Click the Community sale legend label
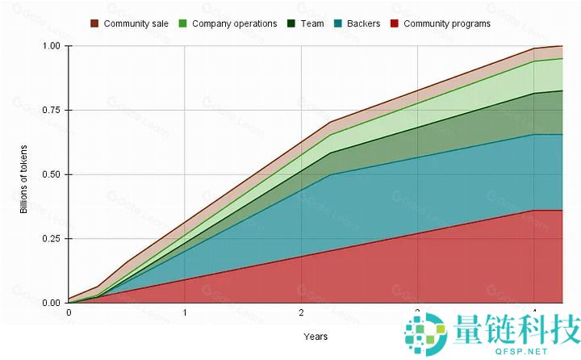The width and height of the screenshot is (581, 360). pos(136,23)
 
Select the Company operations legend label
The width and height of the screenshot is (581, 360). pos(234,23)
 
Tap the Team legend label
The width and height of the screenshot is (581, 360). pos(312,23)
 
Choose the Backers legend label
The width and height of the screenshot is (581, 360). pos(363,23)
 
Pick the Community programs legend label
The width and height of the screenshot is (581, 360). pos(446,23)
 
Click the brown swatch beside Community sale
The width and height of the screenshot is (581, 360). pos(94,23)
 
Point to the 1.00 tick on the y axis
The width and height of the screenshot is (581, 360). pos(49,46)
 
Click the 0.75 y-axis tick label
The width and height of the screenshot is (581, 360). pos(49,111)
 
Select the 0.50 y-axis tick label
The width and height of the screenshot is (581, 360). pos(49,174)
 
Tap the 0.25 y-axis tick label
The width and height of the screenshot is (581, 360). pos(49,239)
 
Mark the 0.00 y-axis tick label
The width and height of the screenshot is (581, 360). pos(49,303)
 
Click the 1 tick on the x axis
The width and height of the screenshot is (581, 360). pos(185,313)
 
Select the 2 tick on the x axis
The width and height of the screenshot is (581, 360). pos(301,313)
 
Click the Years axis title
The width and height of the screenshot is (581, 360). pos(315,336)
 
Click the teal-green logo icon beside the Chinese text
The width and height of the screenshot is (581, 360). pos(426,334)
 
